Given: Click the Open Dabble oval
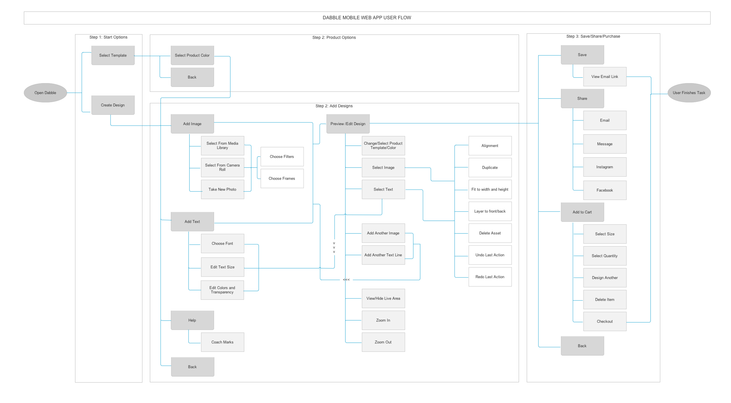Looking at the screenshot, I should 45,93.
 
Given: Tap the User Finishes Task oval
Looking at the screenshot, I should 689,93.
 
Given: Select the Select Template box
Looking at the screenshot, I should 113,55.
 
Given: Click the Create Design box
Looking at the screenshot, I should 113,105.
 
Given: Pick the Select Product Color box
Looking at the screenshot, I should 192,55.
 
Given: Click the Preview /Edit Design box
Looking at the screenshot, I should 348,124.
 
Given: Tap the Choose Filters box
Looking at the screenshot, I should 282,156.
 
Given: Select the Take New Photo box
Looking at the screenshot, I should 222,189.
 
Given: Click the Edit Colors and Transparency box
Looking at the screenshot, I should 222,290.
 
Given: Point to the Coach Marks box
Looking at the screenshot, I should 222,342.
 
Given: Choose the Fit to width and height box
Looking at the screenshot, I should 490,189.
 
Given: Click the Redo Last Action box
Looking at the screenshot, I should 490,277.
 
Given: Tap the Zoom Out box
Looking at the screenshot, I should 383,342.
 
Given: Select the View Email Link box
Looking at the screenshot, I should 604,77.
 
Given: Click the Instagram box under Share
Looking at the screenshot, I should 604,167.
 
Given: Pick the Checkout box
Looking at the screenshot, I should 604,321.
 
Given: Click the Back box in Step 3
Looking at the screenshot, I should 582,346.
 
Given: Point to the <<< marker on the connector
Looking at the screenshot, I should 346,280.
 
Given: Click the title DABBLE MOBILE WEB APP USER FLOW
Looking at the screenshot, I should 367,18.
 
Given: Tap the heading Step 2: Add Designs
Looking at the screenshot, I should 334,106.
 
